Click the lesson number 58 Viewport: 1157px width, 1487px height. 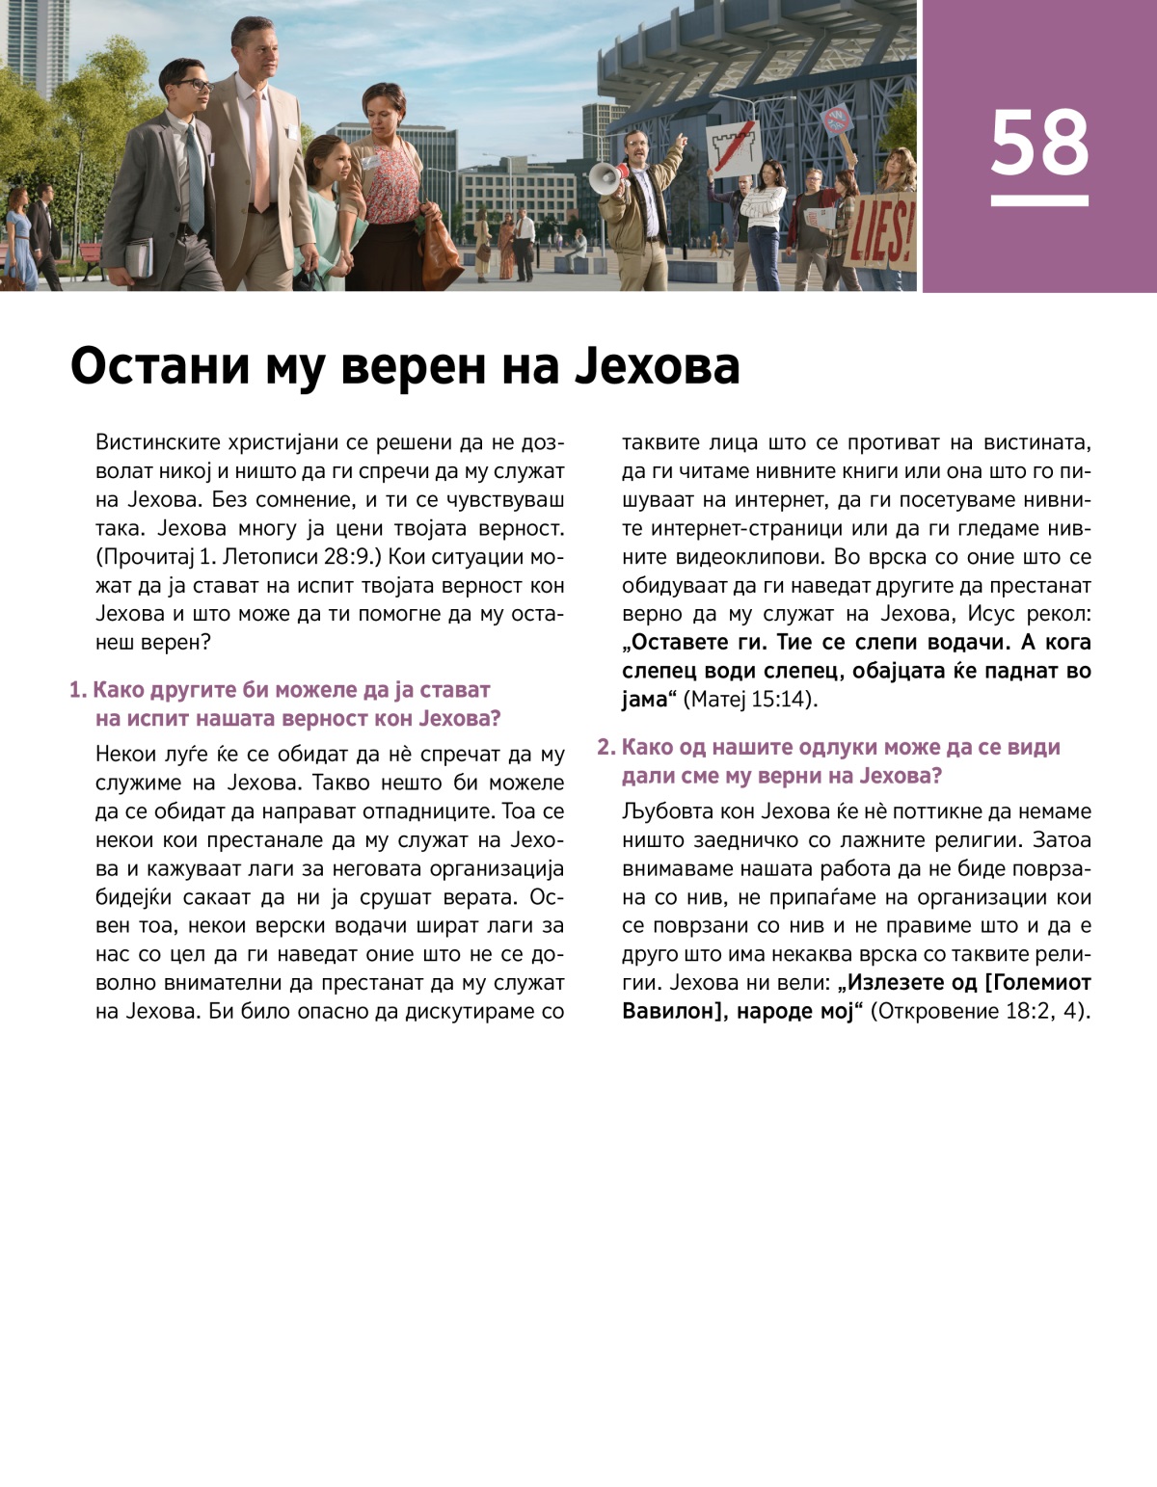(x=1039, y=142)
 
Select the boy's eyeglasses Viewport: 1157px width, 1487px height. (x=193, y=86)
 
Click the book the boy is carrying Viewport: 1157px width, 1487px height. (x=139, y=256)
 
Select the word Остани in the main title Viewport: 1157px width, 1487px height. (x=159, y=366)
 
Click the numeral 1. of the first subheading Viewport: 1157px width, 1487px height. (x=78, y=690)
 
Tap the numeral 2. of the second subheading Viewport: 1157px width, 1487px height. (x=606, y=747)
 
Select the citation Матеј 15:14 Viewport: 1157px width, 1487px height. (x=751, y=699)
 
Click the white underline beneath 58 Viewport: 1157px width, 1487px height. (x=1039, y=200)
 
